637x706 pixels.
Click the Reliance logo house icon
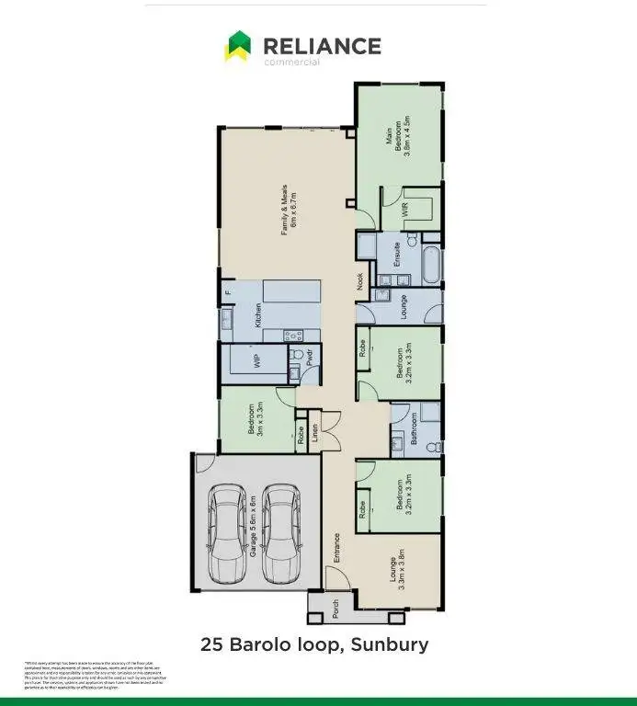click(238, 46)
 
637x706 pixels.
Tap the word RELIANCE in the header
click(321, 45)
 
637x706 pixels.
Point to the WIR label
click(404, 210)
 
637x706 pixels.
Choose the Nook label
click(360, 281)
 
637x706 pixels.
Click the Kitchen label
click(259, 315)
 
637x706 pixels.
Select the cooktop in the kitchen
click(293, 336)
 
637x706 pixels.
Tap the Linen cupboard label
click(315, 433)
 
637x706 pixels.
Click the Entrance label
click(337, 549)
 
